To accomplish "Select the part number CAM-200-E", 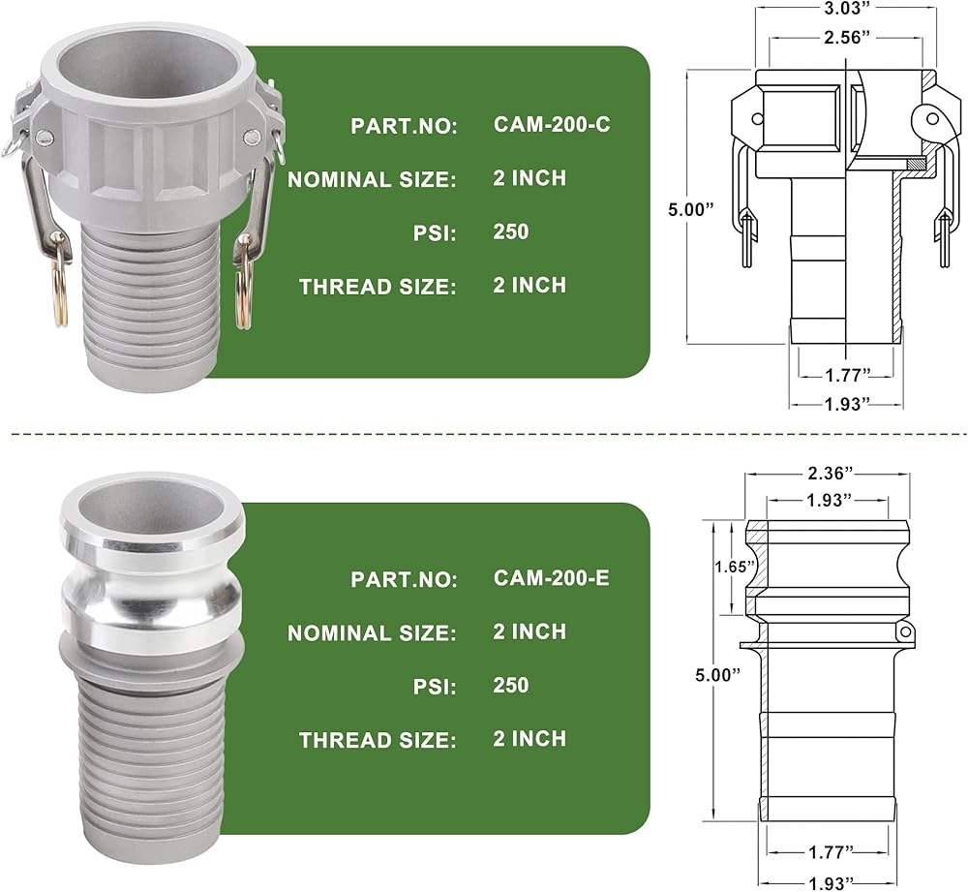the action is coord(552,577).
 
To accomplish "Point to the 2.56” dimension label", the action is coord(846,37).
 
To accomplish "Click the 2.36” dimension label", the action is coord(831,474).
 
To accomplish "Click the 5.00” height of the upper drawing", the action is coord(690,209).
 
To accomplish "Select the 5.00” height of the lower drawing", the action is coord(717,674).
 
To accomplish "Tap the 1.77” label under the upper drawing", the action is coord(848,375).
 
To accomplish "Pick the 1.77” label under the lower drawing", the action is coord(831,852).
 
